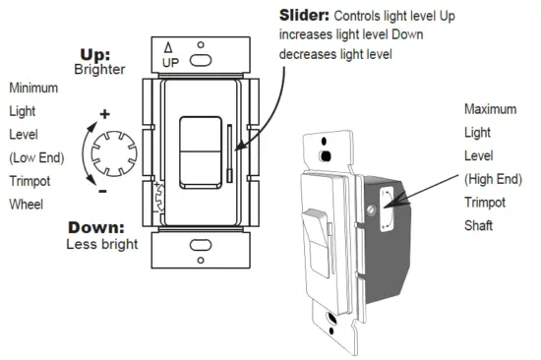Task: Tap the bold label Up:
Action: tap(94, 55)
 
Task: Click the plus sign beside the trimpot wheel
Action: tap(105, 114)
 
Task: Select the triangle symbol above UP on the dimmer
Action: tap(168, 46)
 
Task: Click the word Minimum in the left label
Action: tap(34, 88)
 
